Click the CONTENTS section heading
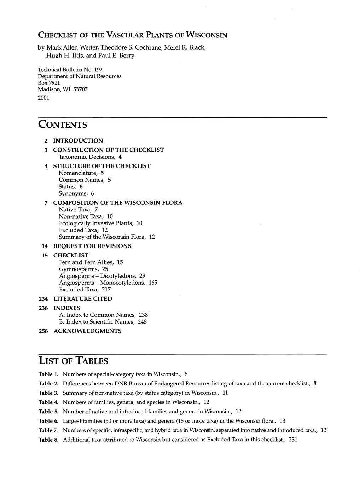pos(62,125)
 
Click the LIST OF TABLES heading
pos(73,361)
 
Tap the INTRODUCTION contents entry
pos(78,141)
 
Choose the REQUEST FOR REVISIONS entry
pos(92,246)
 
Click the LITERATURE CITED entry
pos(83,299)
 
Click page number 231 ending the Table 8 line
pos(292,440)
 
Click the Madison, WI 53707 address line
pos(62,90)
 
